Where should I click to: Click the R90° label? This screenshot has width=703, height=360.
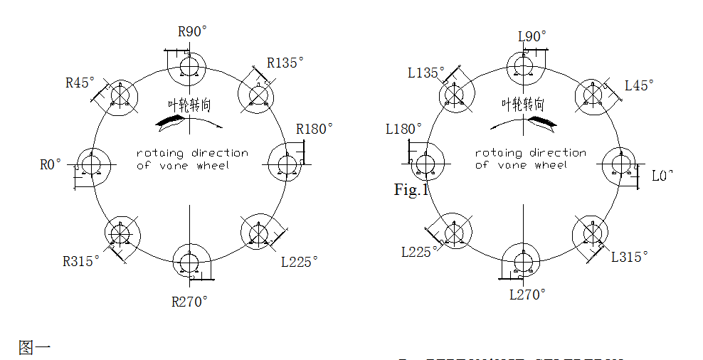(192, 32)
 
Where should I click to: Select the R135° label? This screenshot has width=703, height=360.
(285, 63)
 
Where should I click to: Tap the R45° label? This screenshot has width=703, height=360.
(80, 83)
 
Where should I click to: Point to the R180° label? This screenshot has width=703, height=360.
(314, 129)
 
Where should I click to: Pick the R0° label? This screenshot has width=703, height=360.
(51, 165)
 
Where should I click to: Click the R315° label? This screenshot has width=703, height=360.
(81, 261)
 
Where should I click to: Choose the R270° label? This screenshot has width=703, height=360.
(190, 302)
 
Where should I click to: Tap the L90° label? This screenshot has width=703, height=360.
(532, 36)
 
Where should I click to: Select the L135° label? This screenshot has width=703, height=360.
(426, 73)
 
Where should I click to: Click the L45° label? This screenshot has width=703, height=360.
(639, 85)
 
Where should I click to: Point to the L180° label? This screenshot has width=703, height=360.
(403, 129)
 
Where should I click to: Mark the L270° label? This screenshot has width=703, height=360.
(527, 295)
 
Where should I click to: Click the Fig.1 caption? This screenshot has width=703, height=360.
(410, 190)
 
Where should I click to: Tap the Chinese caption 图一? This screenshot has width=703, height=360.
(35, 348)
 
